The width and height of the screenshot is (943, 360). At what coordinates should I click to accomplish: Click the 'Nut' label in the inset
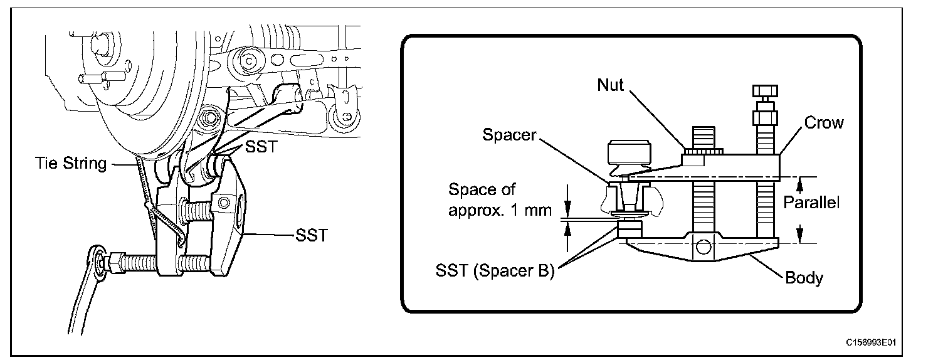[x=610, y=85]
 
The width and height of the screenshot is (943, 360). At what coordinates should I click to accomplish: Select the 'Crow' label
[x=824, y=123]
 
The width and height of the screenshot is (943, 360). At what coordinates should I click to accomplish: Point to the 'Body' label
[x=804, y=278]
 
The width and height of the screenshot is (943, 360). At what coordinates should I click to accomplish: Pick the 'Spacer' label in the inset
[x=509, y=135]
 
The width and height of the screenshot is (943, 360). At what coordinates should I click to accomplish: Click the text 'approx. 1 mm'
[x=500, y=210]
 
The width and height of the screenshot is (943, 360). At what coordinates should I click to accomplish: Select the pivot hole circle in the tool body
[x=703, y=248]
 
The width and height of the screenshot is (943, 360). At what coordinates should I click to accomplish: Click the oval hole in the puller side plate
[x=239, y=211]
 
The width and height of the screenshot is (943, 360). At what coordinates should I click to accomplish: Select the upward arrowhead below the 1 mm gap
[x=568, y=228]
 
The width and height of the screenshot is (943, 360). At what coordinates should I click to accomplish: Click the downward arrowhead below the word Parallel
[x=799, y=236]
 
